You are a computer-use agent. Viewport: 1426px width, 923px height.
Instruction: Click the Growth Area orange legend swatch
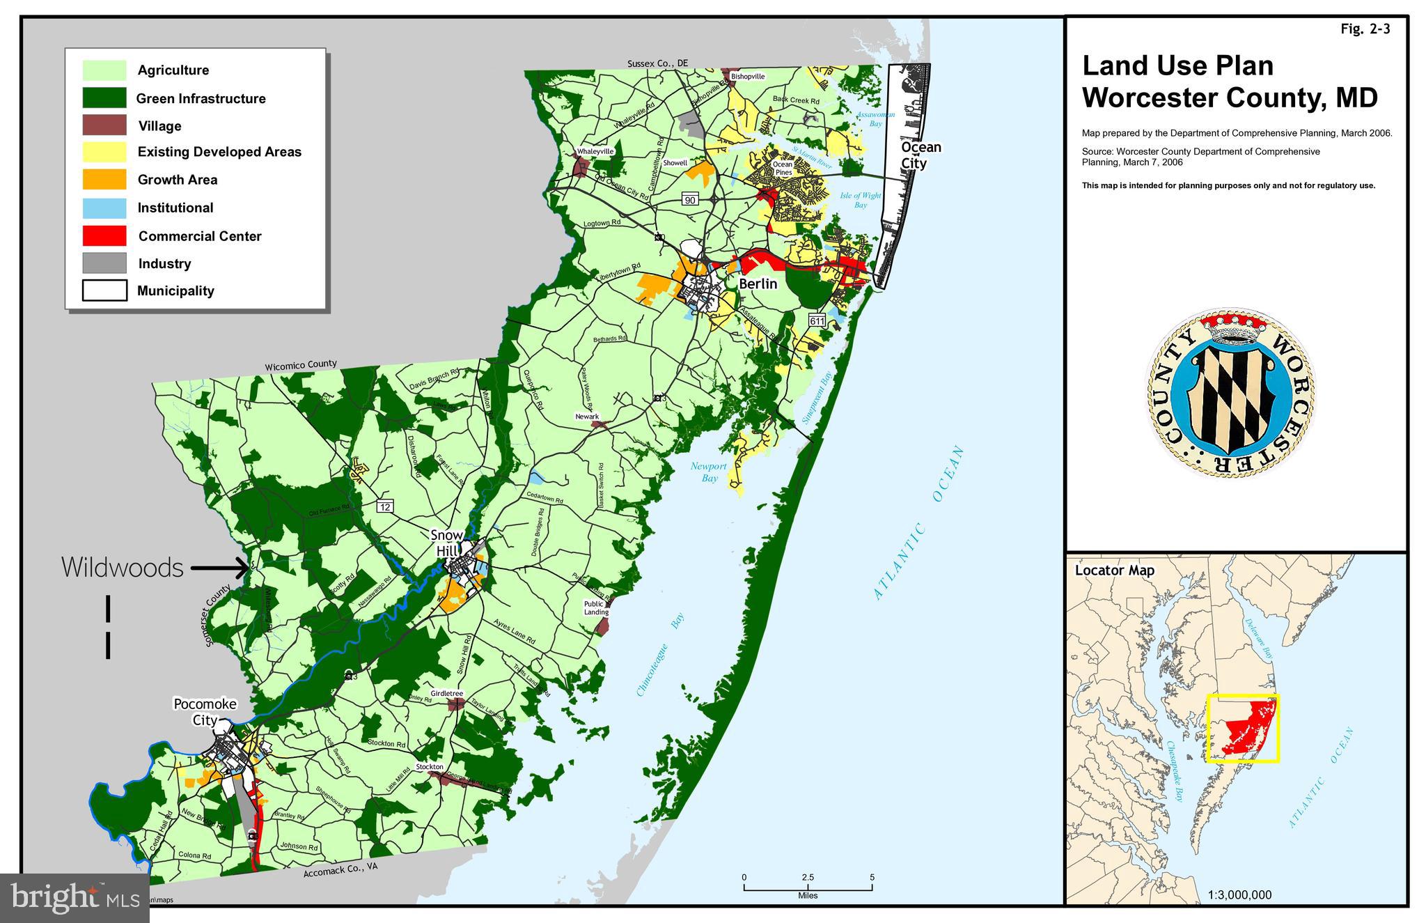point(104,180)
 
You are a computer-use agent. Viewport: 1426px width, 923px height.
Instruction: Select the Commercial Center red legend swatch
point(104,235)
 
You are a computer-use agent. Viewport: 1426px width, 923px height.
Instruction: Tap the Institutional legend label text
point(175,208)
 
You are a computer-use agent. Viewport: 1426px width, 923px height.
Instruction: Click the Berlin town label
point(758,284)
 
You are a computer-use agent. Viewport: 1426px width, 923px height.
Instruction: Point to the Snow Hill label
point(446,543)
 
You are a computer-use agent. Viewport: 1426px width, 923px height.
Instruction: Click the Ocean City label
point(920,155)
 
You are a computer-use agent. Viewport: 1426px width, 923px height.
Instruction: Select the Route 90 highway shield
point(689,200)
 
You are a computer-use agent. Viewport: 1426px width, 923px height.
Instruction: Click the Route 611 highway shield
point(817,321)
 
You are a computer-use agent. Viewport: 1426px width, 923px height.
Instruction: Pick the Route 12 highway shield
point(386,506)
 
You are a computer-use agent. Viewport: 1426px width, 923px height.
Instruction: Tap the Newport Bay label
point(709,472)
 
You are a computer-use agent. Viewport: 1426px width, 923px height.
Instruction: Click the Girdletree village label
point(446,694)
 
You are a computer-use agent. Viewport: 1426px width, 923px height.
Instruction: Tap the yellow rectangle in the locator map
point(1243,729)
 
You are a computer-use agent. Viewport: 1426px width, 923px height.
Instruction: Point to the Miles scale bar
point(808,887)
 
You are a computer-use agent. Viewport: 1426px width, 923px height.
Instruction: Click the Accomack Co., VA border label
point(340,872)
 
